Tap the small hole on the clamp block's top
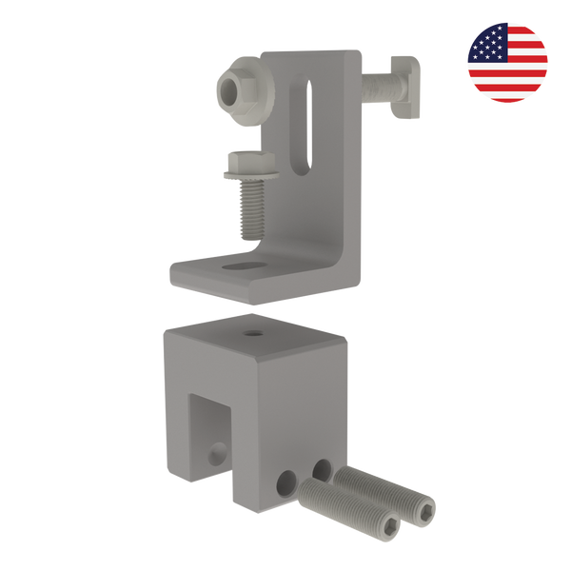(x=253, y=333)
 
